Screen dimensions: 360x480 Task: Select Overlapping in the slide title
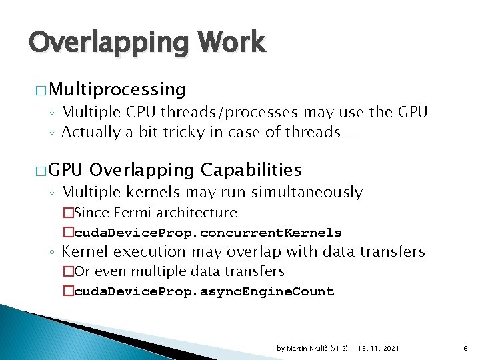tap(110, 43)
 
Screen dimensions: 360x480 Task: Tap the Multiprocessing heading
tap(117, 89)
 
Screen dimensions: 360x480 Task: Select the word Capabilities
tap(252, 170)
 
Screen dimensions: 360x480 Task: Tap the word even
tap(109, 271)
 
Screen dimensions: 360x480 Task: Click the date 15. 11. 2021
tap(378, 349)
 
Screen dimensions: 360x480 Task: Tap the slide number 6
tap(465, 349)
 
